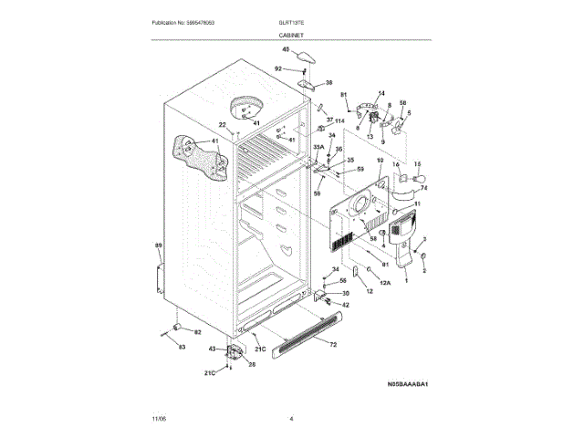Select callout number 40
285,49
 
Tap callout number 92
278,68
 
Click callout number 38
329,82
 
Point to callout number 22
221,125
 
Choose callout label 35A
318,146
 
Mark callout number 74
423,188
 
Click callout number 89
158,245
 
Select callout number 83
181,348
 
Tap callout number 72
332,345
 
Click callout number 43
213,349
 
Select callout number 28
252,364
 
